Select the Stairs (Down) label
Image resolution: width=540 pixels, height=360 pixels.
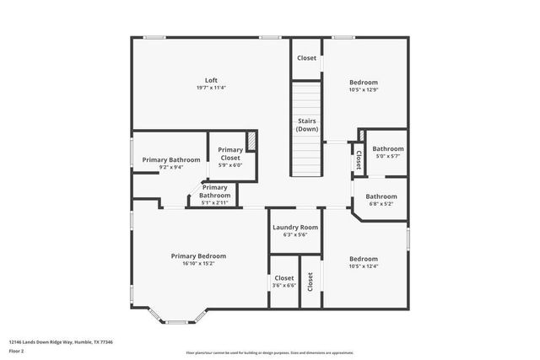(x=307, y=125)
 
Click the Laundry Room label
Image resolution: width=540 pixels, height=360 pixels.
(x=295, y=228)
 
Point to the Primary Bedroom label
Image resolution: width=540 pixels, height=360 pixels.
(x=198, y=256)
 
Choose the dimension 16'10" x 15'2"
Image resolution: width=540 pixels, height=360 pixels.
(x=198, y=264)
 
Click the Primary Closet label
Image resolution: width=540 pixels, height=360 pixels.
(x=230, y=153)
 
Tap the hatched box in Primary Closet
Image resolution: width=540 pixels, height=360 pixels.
(x=251, y=140)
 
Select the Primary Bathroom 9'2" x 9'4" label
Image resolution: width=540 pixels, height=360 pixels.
(x=171, y=159)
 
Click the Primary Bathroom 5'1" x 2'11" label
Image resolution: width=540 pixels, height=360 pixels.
(x=213, y=191)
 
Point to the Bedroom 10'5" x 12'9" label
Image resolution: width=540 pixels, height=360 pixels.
(x=364, y=83)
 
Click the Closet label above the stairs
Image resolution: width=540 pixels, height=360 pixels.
(x=306, y=58)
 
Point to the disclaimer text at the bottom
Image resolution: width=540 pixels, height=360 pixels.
(x=269, y=353)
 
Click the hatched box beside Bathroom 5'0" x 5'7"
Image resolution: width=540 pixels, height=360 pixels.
(x=362, y=137)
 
